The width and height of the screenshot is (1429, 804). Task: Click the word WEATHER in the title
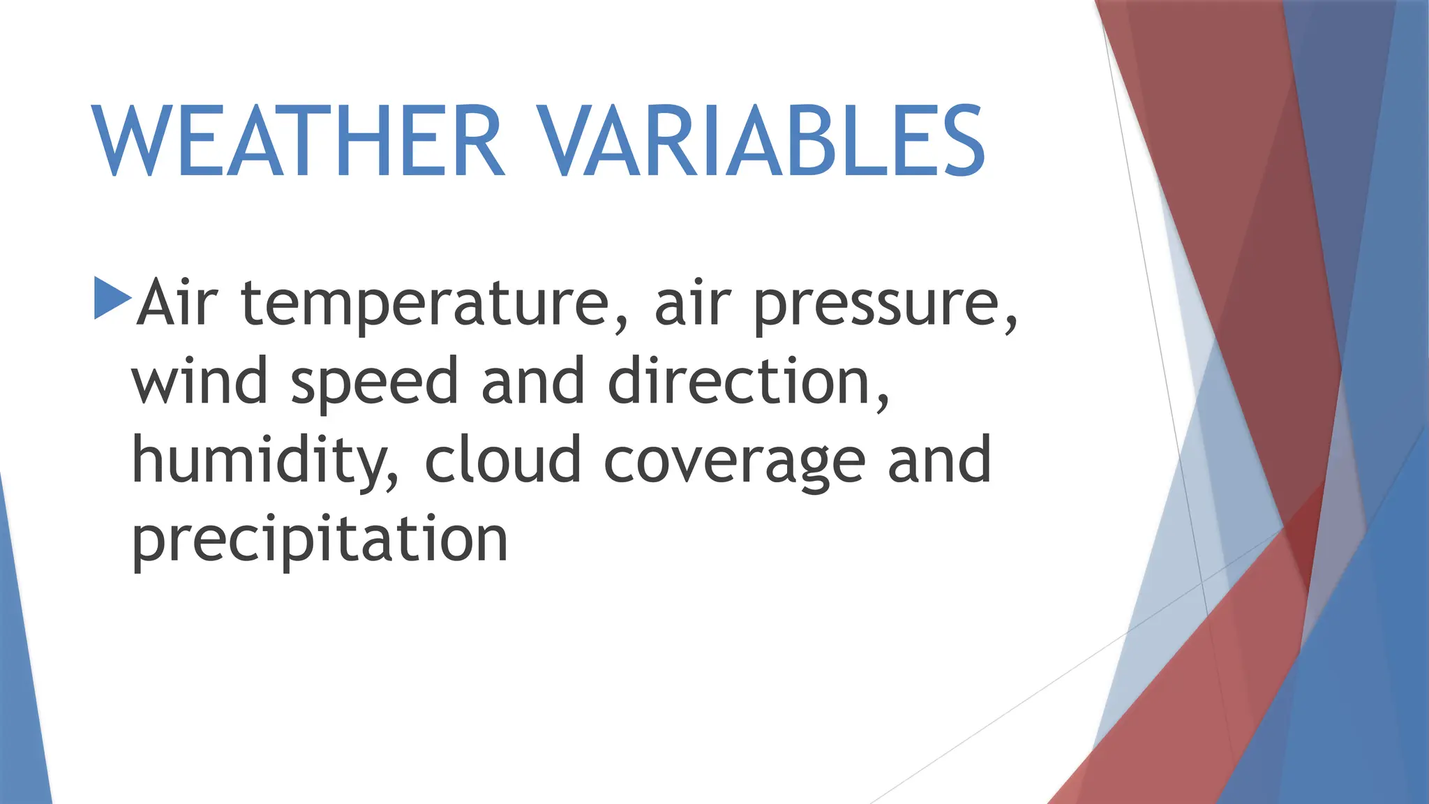click(x=297, y=141)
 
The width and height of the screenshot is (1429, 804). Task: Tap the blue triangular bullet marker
click(x=112, y=298)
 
